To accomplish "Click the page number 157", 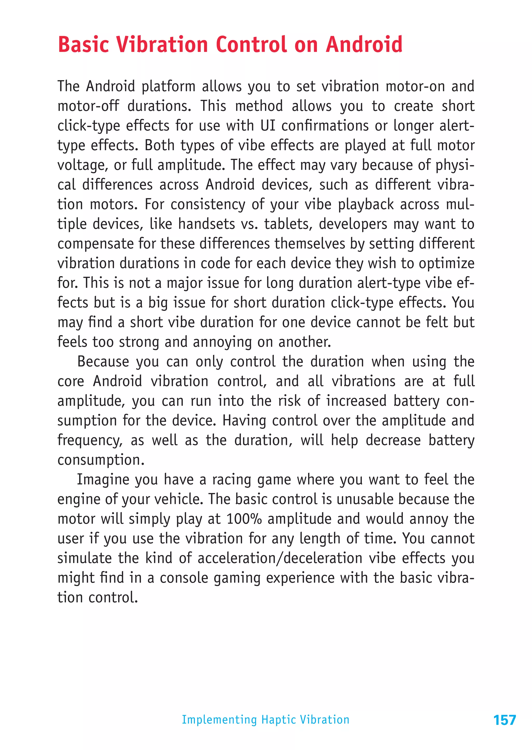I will (504, 720).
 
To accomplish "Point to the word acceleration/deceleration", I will (280, 558).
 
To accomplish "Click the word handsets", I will (206, 224).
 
